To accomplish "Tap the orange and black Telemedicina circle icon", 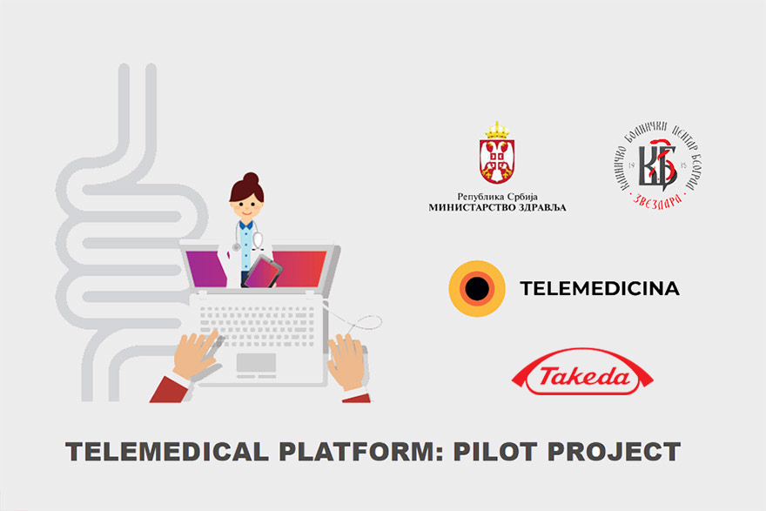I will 477,288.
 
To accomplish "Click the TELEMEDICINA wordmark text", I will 599,288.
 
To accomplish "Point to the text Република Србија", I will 497,196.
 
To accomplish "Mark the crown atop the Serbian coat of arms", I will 496,131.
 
